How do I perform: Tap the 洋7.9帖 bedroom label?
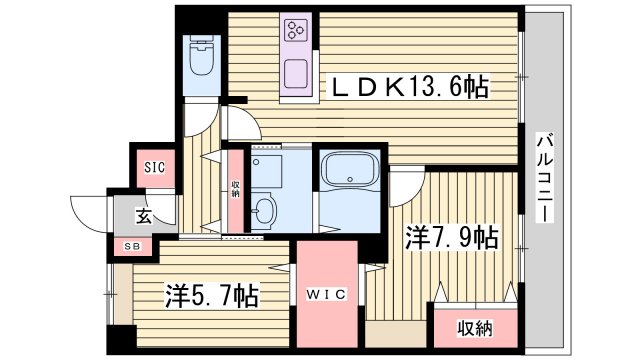452,238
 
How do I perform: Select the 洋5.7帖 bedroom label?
212,295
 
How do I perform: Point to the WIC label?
326,295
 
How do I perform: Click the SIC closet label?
154,168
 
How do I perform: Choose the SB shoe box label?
132,246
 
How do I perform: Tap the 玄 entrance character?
143,216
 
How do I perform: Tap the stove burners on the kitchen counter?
298,33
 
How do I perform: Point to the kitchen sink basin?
298,74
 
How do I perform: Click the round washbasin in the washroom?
264,210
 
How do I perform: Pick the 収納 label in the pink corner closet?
474,328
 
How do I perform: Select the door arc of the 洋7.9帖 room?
404,185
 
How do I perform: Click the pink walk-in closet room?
326,300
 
